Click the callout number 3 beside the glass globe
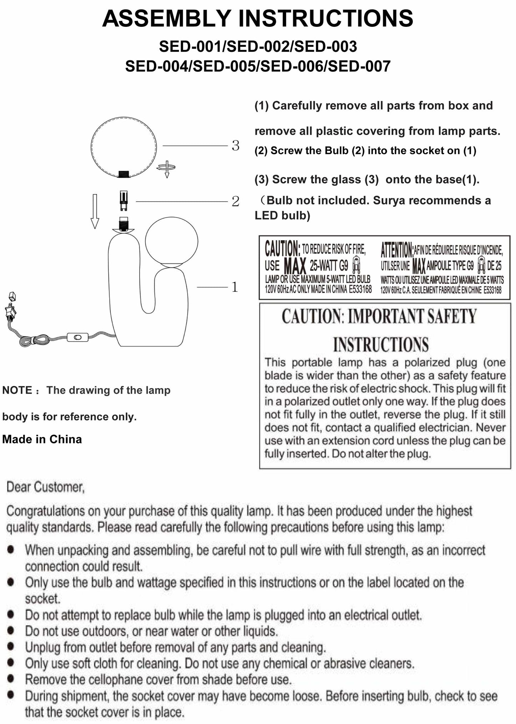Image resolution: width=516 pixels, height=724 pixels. [x=235, y=145]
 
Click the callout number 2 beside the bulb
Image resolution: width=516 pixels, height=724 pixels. [x=235, y=202]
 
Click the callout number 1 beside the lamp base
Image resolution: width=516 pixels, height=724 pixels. [x=235, y=287]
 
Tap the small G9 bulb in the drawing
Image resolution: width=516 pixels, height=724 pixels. [x=124, y=201]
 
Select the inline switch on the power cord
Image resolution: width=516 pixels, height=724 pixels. [x=77, y=337]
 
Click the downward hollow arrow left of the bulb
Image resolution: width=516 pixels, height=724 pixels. [x=95, y=211]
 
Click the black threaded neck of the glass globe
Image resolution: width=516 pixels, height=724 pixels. [x=124, y=174]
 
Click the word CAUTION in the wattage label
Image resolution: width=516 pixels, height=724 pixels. [x=282, y=248]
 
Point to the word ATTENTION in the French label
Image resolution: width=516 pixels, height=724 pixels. [x=396, y=249]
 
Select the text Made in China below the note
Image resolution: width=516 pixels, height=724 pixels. [x=42, y=439]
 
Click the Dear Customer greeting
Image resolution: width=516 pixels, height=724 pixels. [x=46, y=487]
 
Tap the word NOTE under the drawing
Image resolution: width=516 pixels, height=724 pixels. [x=17, y=390]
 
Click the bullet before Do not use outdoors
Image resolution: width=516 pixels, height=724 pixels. [x=11, y=631]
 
